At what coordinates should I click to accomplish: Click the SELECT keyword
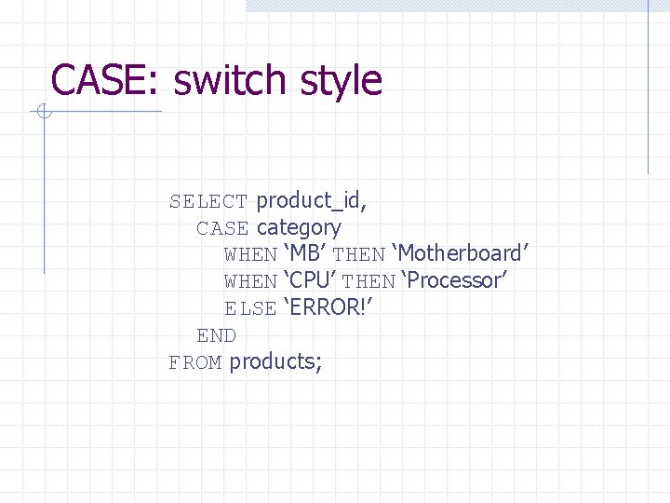(208, 201)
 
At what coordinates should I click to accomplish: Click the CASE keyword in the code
(222, 228)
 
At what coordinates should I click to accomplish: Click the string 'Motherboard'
(460, 253)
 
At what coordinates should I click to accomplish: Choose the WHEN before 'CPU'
(250, 281)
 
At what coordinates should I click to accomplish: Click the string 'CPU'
(311, 280)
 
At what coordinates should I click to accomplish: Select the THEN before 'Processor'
(368, 281)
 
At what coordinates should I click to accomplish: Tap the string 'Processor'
(453, 280)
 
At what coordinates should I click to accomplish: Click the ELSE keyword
(250, 308)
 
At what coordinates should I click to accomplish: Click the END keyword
(216, 335)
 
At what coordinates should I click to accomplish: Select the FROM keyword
(194, 362)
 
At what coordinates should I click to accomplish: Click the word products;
(276, 362)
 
